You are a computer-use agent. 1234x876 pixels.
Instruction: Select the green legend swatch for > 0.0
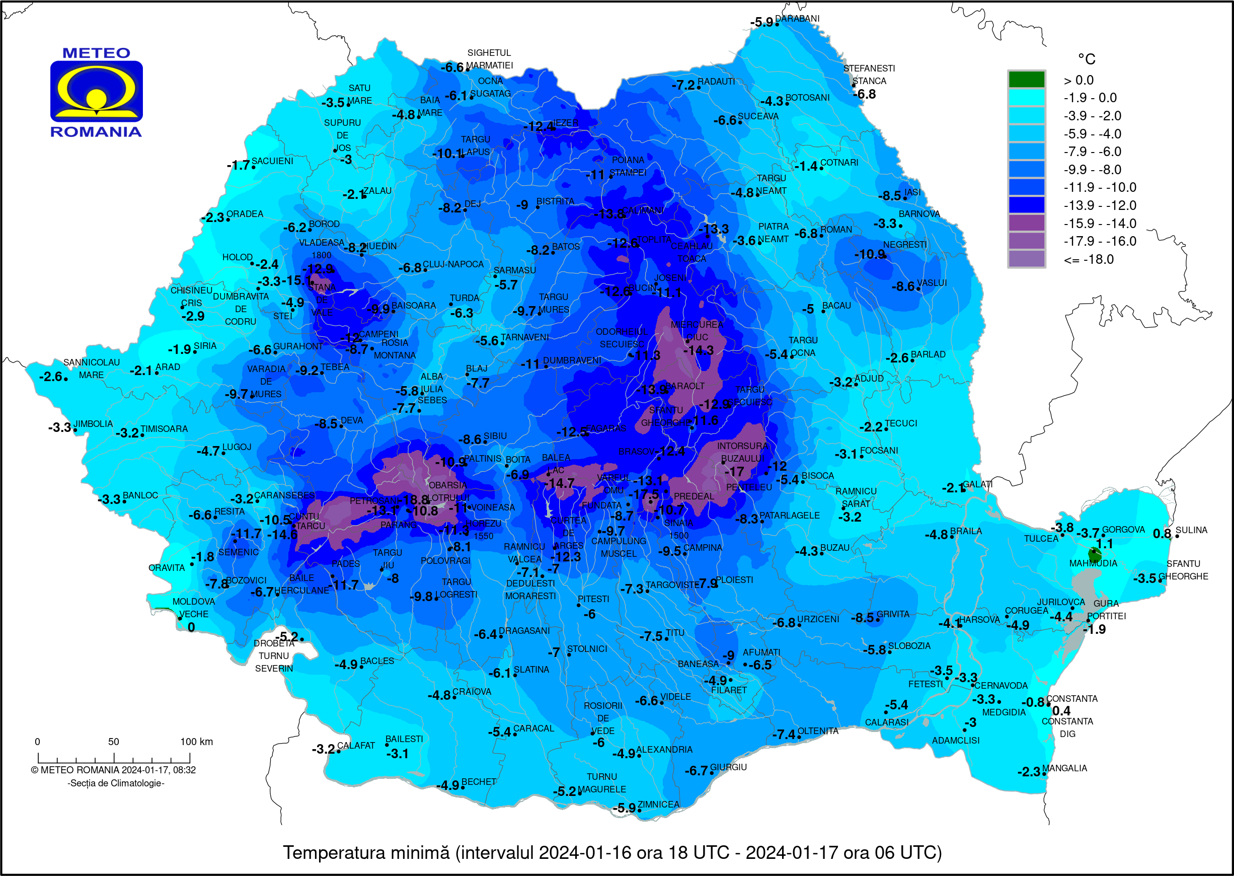pyautogui.click(x=1026, y=80)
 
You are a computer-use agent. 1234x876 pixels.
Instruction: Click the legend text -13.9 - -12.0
pyautogui.click(x=1099, y=205)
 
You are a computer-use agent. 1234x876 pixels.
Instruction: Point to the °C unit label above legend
pyautogui.click(x=1086, y=59)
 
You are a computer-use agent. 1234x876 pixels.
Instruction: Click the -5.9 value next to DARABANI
pyautogui.click(x=761, y=23)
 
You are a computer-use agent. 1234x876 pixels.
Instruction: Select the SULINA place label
pyautogui.click(x=1191, y=530)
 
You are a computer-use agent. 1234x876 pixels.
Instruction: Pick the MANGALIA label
pyautogui.click(x=1064, y=768)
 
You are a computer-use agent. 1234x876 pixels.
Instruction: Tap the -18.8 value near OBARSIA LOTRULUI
pyautogui.click(x=413, y=500)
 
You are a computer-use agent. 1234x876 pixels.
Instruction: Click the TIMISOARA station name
pyautogui.click(x=164, y=429)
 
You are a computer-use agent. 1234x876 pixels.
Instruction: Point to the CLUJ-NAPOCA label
pyautogui.click(x=453, y=264)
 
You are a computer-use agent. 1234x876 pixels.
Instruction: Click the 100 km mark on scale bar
pyautogui.click(x=196, y=742)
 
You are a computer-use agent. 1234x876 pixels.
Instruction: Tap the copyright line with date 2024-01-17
pyautogui.click(x=113, y=770)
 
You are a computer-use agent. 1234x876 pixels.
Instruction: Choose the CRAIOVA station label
pyautogui.click(x=472, y=692)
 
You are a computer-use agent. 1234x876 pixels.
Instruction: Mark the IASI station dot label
pyautogui.click(x=912, y=192)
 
